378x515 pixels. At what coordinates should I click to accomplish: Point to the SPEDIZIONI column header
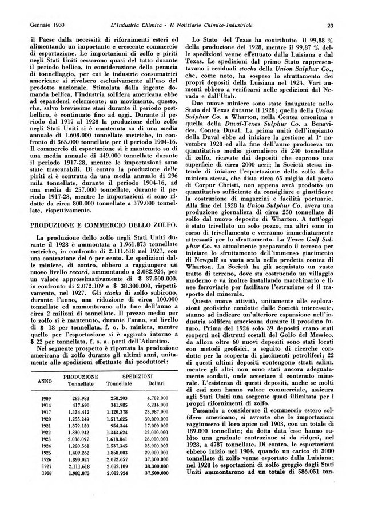pyautogui.click(x=139, y=377)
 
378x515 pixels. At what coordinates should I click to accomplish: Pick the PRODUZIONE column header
pyautogui.click(x=81, y=377)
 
